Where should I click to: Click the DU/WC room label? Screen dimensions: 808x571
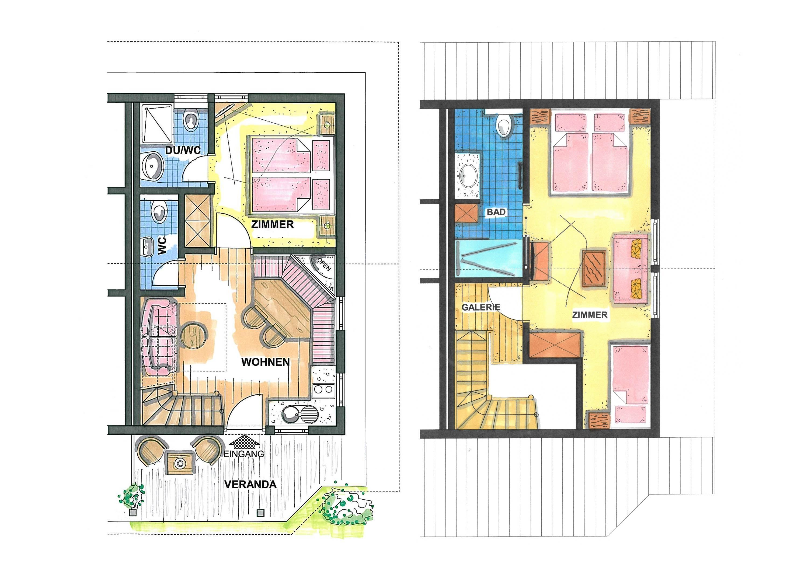[183, 150]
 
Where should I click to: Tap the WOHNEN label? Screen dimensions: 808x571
[265, 362]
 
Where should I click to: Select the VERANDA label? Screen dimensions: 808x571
[250, 485]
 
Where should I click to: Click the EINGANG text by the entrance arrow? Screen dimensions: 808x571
[243, 454]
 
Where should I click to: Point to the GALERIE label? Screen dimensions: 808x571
[481, 307]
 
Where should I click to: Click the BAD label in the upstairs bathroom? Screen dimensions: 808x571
[496, 212]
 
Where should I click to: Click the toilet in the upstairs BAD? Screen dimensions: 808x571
[504, 125]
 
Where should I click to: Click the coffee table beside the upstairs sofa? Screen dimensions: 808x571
[594, 268]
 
